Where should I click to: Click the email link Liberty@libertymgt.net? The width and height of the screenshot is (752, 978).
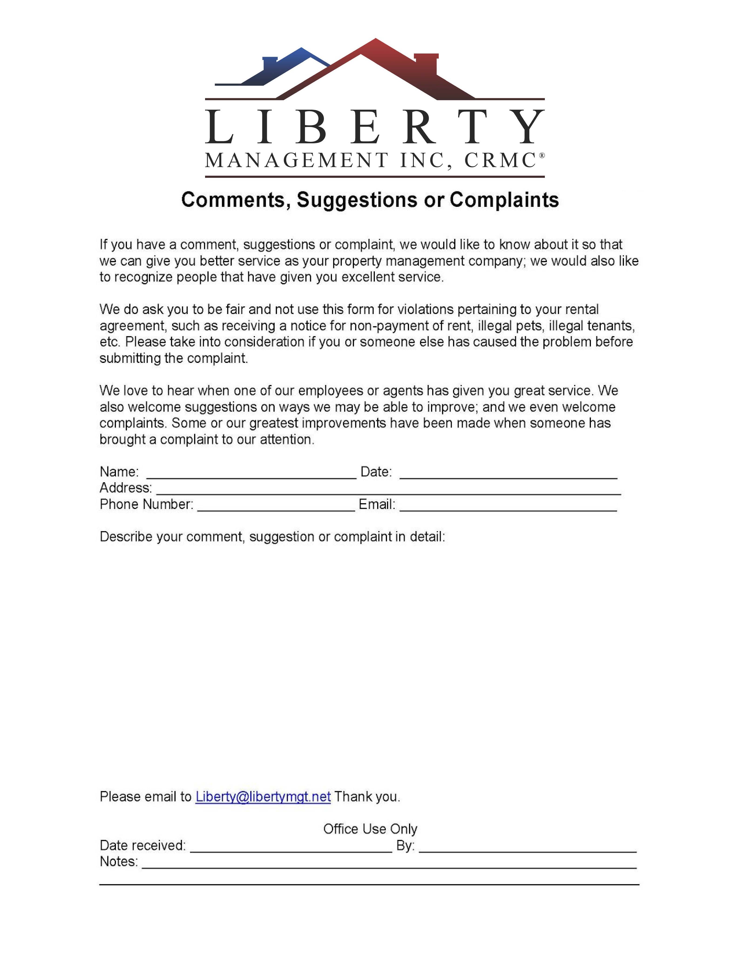263,796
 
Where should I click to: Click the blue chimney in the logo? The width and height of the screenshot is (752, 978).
270,64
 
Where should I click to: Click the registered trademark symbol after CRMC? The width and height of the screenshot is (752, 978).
542,155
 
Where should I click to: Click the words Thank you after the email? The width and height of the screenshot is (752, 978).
367,796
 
